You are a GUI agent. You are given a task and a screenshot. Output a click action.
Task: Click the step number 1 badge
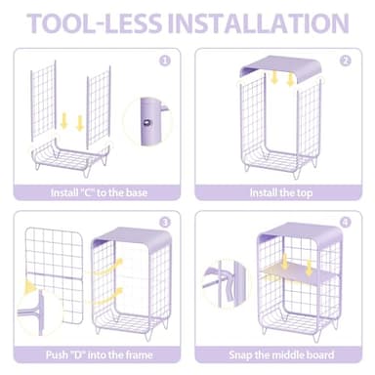[x=165, y=61]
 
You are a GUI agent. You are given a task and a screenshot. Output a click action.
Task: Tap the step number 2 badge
[x=346, y=61]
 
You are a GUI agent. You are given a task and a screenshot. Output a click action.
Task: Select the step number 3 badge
[x=165, y=223]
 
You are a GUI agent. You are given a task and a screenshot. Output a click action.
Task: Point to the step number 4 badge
[x=346, y=223]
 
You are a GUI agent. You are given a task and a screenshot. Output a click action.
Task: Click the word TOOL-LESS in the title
[x=95, y=23]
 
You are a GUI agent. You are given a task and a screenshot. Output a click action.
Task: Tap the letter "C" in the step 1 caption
[x=87, y=192]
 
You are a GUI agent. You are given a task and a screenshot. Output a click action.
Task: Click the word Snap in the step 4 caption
[x=240, y=354]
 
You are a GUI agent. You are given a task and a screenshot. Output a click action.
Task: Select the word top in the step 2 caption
[x=304, y=193]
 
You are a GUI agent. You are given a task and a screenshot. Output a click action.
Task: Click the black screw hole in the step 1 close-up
[x=147, y=122]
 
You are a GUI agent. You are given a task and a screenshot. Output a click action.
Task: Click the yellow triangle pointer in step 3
[x=29, y=286]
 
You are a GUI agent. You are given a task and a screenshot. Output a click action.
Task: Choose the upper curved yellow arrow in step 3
[x=106, y=267]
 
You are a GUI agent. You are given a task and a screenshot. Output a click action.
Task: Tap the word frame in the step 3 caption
[x=137, y=354]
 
